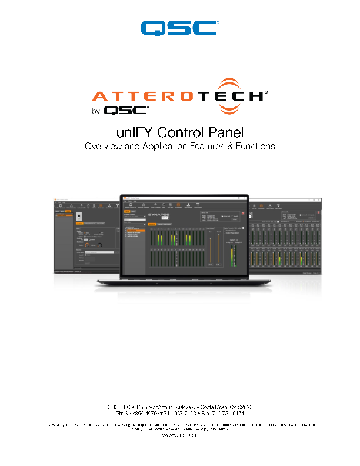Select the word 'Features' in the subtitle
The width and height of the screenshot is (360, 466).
[x=201, y=146]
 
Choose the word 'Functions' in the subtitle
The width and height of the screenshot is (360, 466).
[x=254, y=146]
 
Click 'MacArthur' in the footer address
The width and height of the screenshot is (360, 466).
[x=155, y=406]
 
